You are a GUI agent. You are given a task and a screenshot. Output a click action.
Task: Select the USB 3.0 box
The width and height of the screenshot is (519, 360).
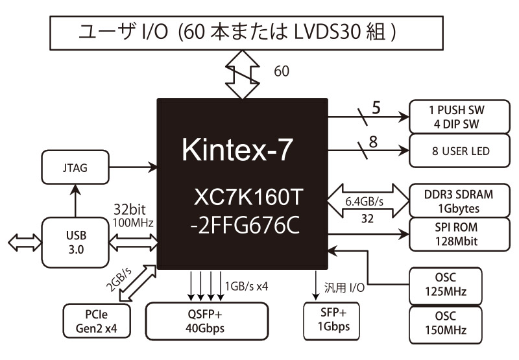pos(76,241)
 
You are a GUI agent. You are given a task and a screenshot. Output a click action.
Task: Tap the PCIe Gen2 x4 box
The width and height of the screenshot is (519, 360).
pos(97,321)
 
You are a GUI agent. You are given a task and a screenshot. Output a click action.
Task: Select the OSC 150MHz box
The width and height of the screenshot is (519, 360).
pos(447,325)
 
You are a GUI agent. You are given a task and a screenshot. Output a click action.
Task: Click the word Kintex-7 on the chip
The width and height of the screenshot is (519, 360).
pos(237,149)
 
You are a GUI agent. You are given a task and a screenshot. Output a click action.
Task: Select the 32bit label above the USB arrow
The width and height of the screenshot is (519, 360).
pos(132,210)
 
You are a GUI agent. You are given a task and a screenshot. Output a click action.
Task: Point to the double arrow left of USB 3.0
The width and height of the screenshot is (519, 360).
pos(23,242)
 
